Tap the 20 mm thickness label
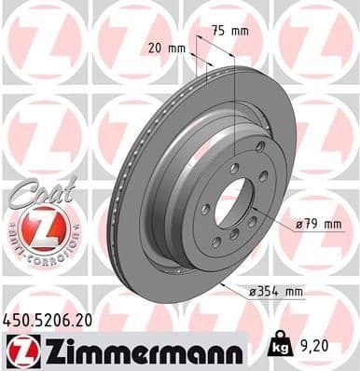pyautogui.click(x=165, y=46)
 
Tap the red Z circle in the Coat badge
pyautogui.click(x=35, y=226)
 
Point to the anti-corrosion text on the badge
pyautogui.click(x=35, y=250)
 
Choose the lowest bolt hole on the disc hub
pyautogui.click(x=215, y=242)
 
